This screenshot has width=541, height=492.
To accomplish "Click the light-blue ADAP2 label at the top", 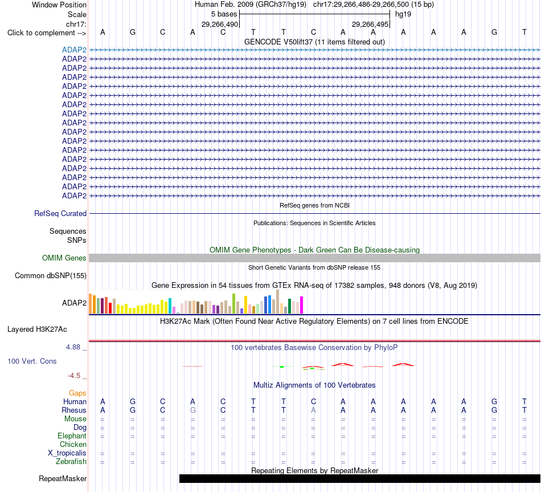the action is tap(74, 50).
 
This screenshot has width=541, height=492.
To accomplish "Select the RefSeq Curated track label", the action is tap(60, 214).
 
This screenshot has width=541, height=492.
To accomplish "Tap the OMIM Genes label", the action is tap(64, 258).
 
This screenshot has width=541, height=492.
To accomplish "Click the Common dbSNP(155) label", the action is tap(51, 276).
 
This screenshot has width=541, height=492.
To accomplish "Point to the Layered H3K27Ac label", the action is tap(37, 330).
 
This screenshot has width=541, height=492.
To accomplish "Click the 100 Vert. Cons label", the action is tap(32, 361).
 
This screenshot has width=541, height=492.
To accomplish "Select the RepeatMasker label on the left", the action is tap(63, 478).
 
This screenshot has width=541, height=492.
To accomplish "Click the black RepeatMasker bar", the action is tap(360, 478).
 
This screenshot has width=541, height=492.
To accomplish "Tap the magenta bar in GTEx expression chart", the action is tap(302, 305).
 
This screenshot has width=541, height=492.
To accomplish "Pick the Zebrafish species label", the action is tap(71, 462).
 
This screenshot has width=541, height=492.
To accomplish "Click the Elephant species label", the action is tap(72, 436).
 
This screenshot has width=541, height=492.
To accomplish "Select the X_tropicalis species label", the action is tap(67, 453).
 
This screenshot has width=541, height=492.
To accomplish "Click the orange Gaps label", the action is tap(77, 393).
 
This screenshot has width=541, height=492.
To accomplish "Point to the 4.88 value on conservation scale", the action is tap(73, 347).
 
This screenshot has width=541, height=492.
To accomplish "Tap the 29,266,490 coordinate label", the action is tap(220, 24).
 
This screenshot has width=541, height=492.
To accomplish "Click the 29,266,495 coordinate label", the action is tap(370, 24).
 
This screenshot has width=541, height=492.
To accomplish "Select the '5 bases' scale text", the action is tap(224, 14).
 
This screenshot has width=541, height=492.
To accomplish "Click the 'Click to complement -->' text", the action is tap(47, 33).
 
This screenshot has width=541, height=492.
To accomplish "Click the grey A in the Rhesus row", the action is tap(313, 410).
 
